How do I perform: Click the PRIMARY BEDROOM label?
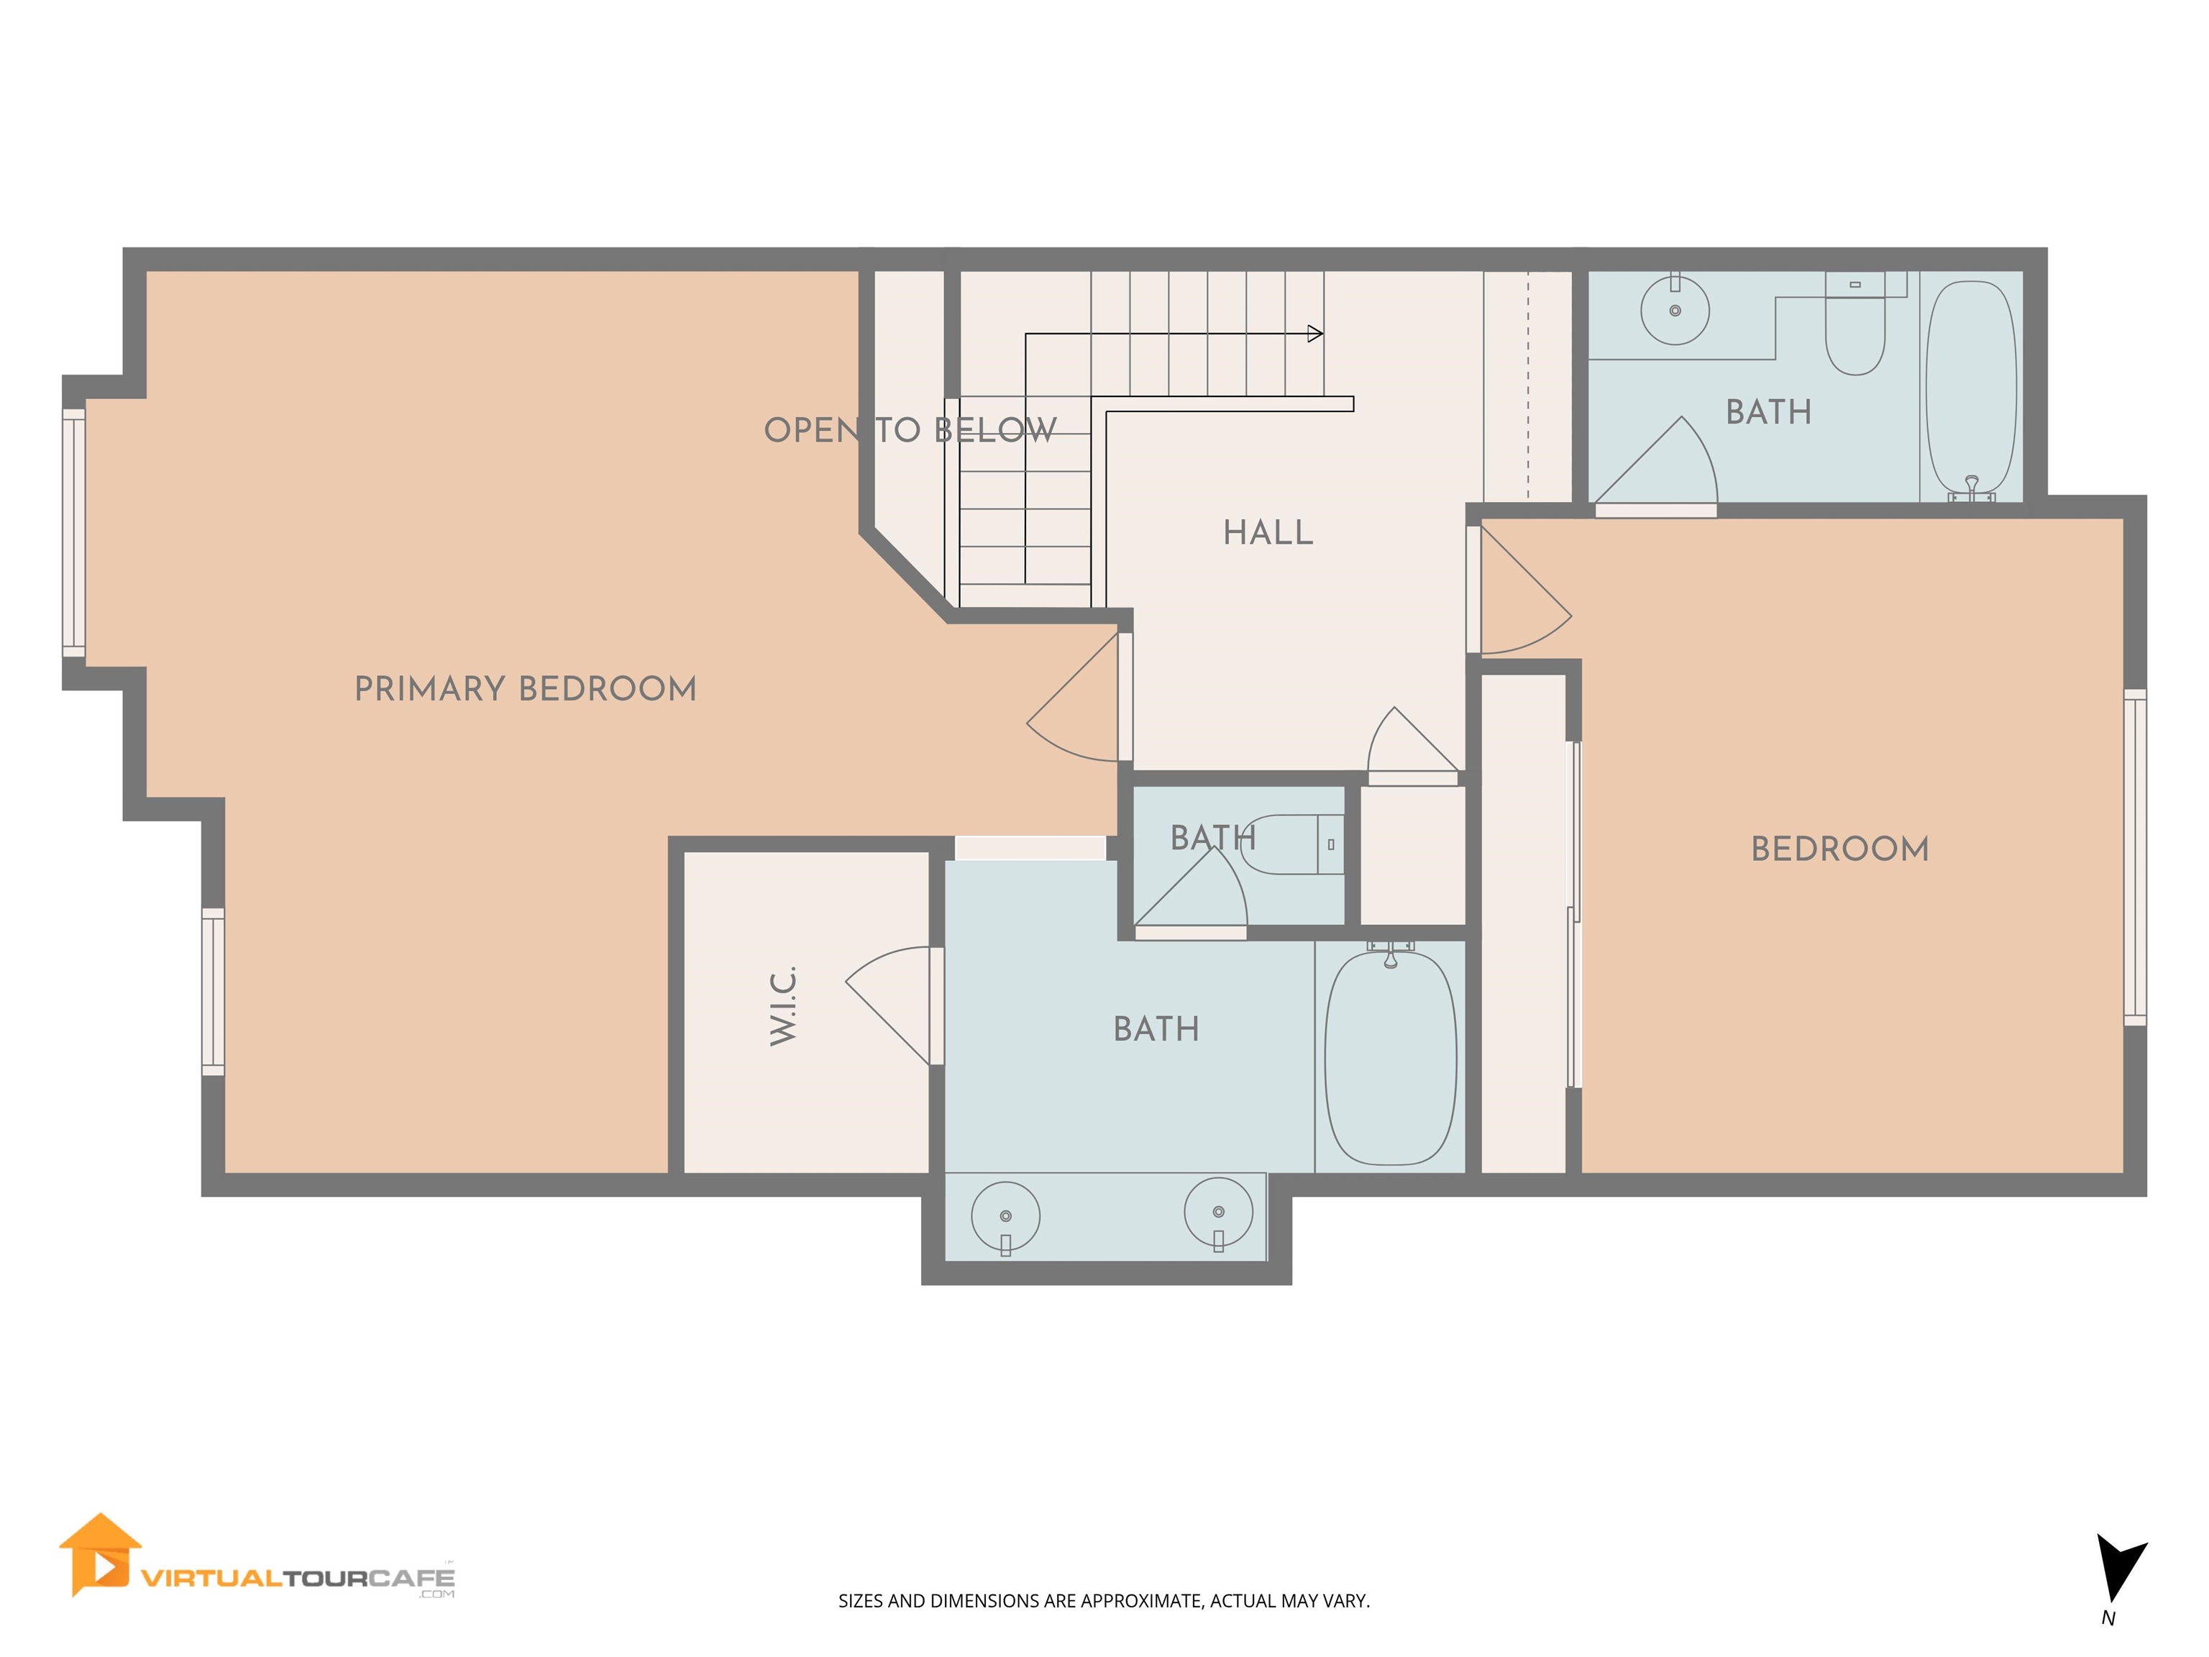526,689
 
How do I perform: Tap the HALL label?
1268,532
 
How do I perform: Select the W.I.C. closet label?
783,1005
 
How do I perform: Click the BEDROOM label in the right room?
1839,849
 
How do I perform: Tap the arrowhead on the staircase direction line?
1315,334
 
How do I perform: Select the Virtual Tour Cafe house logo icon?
100,1555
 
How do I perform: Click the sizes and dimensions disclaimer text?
1104,1601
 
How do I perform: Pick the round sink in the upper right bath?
1675,311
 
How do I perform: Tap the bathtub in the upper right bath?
1970,390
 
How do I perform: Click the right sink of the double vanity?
1218,1213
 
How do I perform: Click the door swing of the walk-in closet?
889,1005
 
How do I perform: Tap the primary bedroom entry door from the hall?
1074,697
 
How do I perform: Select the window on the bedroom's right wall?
2134,857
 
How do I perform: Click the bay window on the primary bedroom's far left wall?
74,532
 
